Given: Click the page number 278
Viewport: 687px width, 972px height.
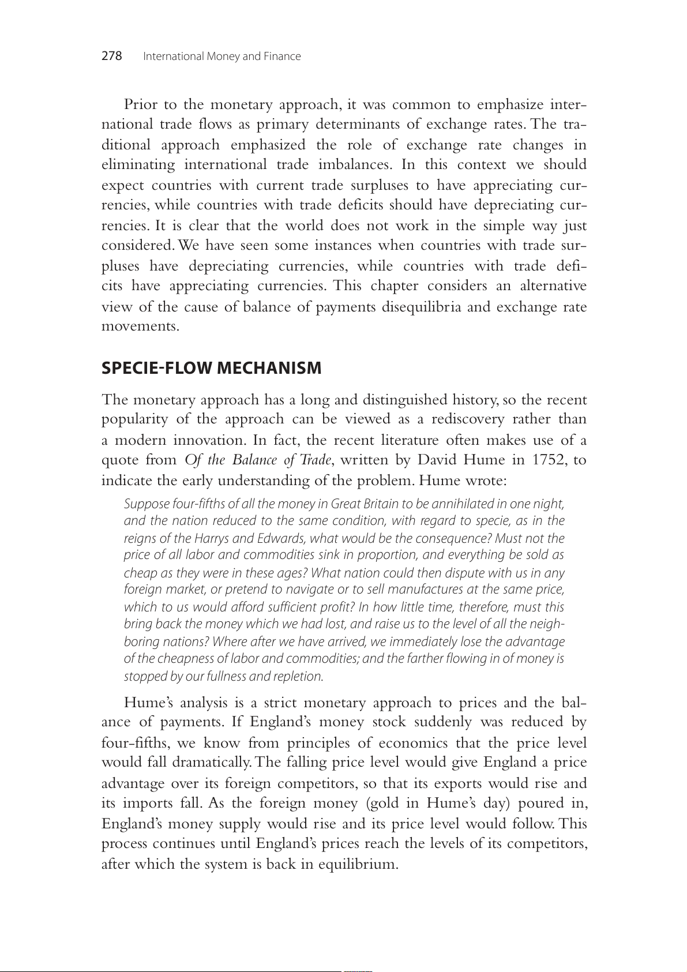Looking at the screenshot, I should click(112, 56).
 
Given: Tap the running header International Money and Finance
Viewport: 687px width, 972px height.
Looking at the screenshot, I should click(222, 57).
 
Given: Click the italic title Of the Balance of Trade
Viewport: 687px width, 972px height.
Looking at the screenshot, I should click(258, 460).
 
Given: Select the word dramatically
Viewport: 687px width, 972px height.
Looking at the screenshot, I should click(212, 762).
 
